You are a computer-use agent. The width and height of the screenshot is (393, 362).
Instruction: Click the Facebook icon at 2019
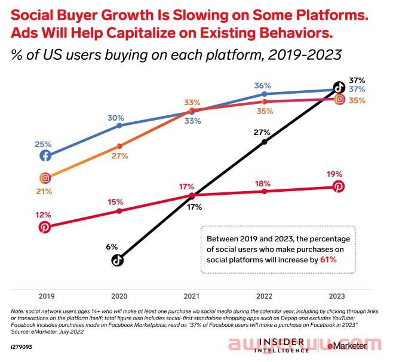[x=45, y=156]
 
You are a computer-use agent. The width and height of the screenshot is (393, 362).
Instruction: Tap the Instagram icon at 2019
[x=45, y=177]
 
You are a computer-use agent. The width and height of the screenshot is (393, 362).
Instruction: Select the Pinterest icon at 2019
[x=45, y=226]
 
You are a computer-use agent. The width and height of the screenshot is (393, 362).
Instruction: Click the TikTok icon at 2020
[x=118, y=259]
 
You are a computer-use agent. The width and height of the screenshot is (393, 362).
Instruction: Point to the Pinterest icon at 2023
[x=339, y=188]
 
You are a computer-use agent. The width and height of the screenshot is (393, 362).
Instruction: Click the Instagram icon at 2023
[x=339, y=100]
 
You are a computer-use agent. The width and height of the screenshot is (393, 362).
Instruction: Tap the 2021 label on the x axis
[x=191, y=296]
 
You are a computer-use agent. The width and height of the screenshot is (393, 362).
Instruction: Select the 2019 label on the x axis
[x=45, y=296]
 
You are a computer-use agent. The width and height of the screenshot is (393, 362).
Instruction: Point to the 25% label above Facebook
[x=43, y=144]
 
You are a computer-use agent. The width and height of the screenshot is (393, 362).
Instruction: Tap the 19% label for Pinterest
[x=334, y=174]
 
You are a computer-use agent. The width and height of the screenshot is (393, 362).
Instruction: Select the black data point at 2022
[x=265, y=142]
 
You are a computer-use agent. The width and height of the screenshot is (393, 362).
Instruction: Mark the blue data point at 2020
[x=119, y=125]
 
